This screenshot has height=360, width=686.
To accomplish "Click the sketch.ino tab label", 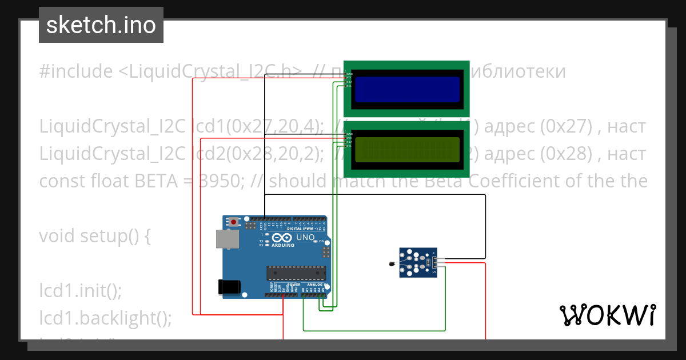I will [101, 25].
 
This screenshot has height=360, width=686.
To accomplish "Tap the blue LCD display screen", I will [407, 89].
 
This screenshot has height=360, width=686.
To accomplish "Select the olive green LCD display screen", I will [407, 150].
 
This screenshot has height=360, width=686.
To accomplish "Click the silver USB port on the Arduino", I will [227, 239].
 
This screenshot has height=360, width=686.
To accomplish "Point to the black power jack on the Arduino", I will [229, 287].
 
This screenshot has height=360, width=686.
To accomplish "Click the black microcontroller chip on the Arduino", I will [296, 274].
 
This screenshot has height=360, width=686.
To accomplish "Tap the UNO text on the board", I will [306, 237].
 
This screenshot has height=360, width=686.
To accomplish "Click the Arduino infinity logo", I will [282, 238].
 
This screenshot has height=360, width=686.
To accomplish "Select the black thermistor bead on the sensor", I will [391, 263].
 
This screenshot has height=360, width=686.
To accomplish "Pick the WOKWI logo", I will [607, 315].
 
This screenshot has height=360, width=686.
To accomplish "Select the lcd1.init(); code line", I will [81, 290].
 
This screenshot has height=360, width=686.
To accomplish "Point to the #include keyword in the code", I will [76, 71].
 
